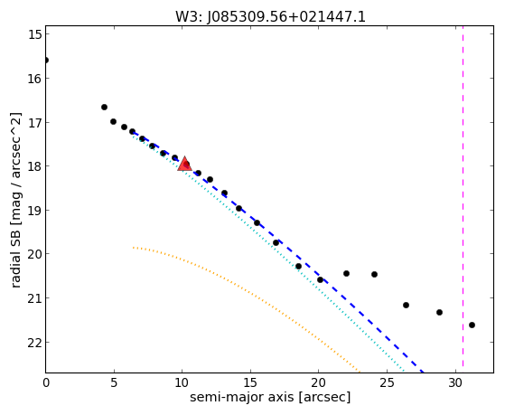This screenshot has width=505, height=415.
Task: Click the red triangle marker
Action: point(185,164)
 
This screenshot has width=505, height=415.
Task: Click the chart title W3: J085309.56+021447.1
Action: point(270,16)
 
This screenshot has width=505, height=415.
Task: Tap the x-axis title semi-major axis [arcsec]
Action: point(270,397)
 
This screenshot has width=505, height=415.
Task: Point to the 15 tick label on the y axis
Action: point(35,34)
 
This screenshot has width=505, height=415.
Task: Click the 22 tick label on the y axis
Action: point(35,342)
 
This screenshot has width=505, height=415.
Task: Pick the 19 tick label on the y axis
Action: point(35,211)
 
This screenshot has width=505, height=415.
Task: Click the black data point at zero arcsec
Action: point(46,61)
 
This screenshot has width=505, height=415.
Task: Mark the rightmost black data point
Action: point(472,325)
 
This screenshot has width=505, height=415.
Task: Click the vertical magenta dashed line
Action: point(463,196)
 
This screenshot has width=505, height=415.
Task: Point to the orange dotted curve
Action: point(246,291)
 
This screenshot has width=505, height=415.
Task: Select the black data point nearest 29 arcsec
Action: point(439,313)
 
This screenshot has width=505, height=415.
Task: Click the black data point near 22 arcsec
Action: point(346,274)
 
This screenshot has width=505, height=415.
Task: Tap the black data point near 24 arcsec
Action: point(374,275)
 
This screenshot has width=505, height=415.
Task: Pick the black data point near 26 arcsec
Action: point(406,305)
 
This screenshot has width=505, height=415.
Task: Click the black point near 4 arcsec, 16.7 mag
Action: point(104,107)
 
